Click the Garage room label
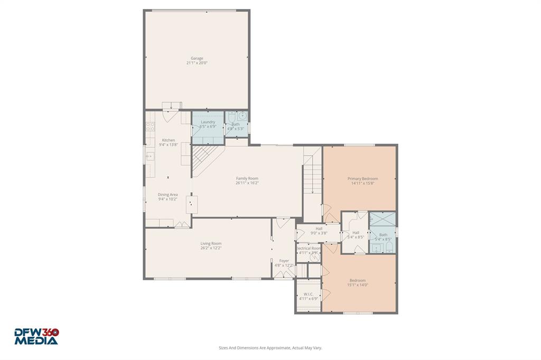[197, 58]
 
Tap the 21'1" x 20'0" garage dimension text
[197, 63]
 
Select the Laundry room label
[208, 122]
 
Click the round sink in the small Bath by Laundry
[242, 116]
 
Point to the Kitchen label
[168, 140]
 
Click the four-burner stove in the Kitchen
[150, 127]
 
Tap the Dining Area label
[168, 194]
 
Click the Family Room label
[247, 178]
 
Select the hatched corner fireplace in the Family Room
[204, 158]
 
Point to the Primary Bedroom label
[362, 178]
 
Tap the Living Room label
[211, 243]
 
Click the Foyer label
[284, 260]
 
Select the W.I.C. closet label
[308, 294]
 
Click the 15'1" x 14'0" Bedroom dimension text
[357, 285]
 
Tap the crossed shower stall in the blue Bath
[382, 219]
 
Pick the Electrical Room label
[309, 248]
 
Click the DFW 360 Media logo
[36, 336]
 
